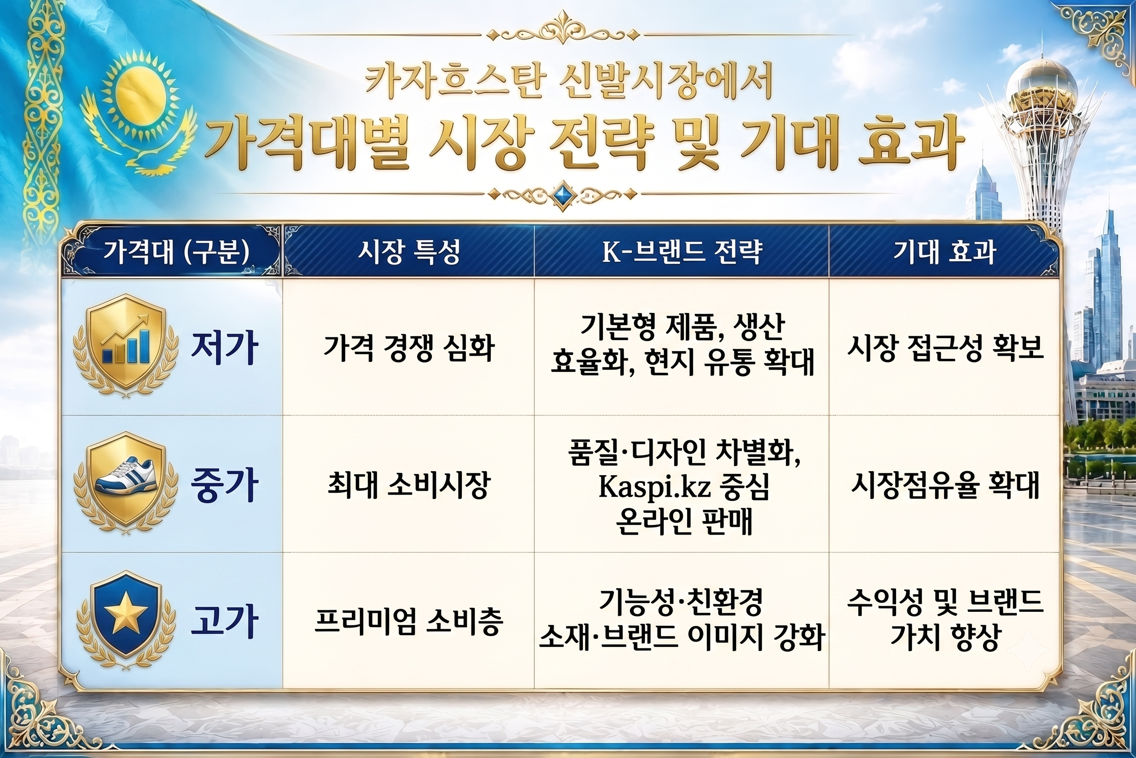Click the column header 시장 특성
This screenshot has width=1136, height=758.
409,252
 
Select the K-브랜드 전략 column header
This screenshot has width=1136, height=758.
682,252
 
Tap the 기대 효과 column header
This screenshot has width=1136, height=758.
944,252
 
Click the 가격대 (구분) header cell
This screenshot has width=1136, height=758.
176,252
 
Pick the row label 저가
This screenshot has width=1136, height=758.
224,348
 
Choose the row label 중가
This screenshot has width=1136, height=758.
224,485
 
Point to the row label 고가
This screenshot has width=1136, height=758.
224,622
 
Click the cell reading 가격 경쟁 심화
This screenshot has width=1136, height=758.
409,348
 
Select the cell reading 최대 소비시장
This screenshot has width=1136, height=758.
409,485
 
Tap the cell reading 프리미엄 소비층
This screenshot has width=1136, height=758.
409,622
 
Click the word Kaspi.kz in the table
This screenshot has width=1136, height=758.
654,486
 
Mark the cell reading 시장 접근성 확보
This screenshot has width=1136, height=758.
945,348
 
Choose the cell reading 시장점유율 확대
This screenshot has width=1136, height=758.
945,485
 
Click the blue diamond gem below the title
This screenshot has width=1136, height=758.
563,195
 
